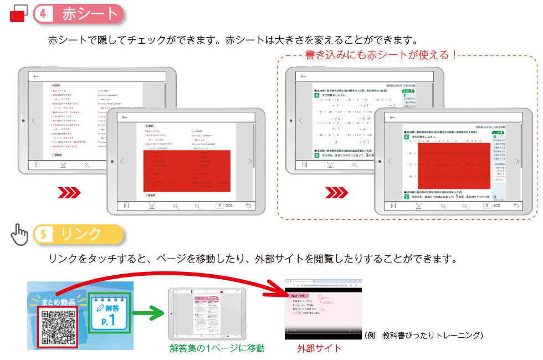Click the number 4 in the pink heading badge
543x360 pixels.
[43, 14]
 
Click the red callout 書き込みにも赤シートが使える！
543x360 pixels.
[381, 54]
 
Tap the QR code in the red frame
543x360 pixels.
[58, 327]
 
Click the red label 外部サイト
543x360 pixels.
[319, 348]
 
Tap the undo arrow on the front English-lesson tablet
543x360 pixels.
[248, 205]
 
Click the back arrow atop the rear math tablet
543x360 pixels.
[303, 77]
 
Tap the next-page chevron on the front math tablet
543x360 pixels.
[517, 161]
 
